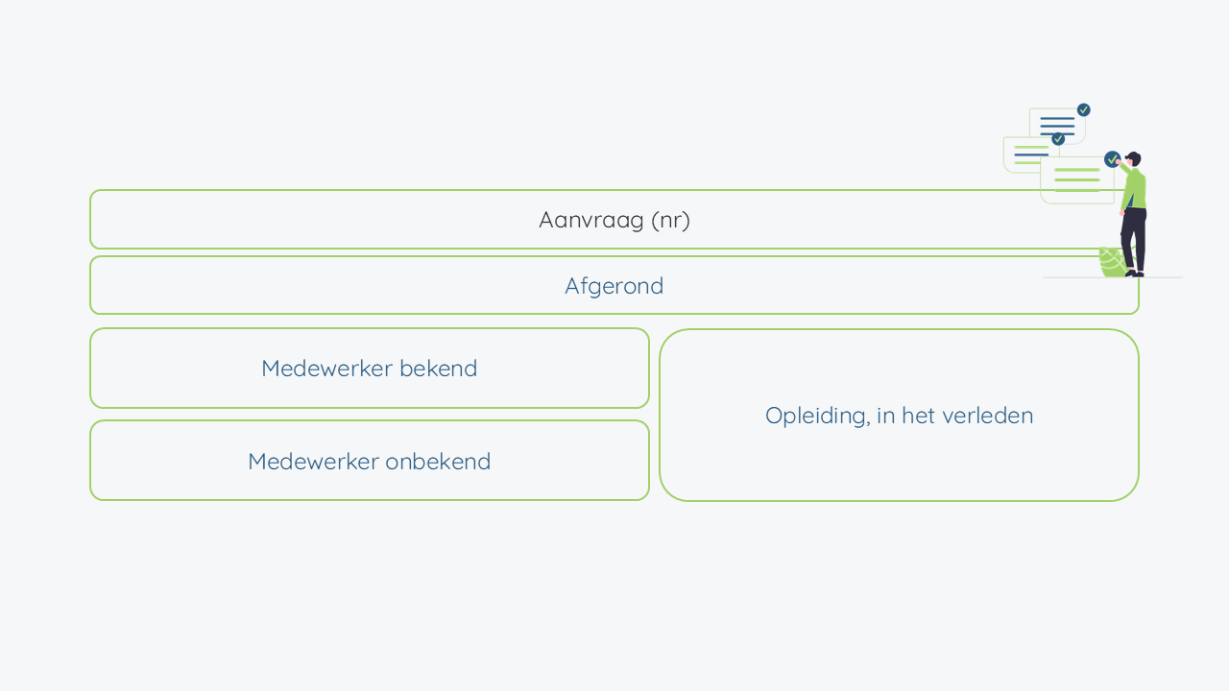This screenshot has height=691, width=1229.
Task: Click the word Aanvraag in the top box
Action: [x=590, y=221]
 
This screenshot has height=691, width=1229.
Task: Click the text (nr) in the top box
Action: [x=670, y=221]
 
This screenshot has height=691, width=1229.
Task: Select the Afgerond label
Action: [x=614, y=286]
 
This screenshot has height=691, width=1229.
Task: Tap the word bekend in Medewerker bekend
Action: [x=439, y=368]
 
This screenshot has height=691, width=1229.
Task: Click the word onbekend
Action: [x=438, y=462]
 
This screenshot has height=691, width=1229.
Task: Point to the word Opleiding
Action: [x=817, y=417]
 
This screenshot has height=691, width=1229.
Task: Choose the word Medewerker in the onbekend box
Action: [x=313, y=462]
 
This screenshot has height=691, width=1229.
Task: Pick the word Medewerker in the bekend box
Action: [x=326, y=368]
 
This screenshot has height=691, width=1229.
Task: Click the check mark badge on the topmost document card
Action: [x=1084, y=110]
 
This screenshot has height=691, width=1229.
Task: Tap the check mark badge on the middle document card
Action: [x=1058, y=139]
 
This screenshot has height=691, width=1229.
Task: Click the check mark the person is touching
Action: [x=1112, y=159]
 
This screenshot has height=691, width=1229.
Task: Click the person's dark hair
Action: [x=1134, y=157]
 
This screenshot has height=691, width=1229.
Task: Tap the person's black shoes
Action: [x=1135, y=274]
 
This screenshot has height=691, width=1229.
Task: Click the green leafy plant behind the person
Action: [x=1114, y=262]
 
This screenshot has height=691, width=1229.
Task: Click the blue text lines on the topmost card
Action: [x=1057, y=126]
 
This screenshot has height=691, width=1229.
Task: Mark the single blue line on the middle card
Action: [x=1031, y=155]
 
